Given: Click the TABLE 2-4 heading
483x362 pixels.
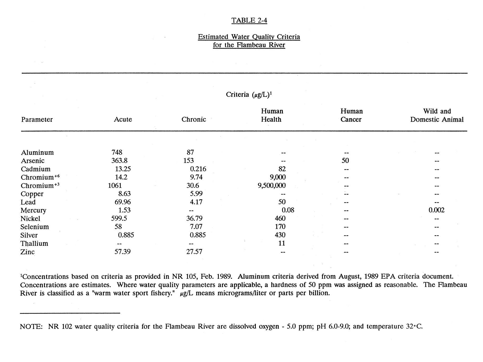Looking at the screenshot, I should tap(249, 20).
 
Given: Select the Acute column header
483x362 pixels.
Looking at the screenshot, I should tap(123, 119).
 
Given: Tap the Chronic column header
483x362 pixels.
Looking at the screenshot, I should tap(194, 119).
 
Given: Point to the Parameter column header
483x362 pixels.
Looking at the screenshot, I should tap(37, 119).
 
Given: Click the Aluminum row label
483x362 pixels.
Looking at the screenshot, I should tap(37, 152).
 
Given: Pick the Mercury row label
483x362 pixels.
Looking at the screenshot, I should tap(33, 210).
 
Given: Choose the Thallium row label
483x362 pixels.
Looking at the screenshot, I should tap(34, 243).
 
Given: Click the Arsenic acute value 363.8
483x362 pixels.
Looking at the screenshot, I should tap(119, 161).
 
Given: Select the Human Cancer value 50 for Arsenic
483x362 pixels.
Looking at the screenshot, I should tap(345, 161).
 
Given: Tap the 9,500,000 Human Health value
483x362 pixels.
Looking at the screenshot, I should tap(272, 185).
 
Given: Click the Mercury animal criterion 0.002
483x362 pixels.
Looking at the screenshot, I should tap(436, 210).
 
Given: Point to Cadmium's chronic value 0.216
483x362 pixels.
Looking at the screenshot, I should tap(198, 169).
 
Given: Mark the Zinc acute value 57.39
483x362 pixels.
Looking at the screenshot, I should tap(123, 252).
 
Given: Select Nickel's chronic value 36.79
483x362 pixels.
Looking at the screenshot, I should tap(194, 219).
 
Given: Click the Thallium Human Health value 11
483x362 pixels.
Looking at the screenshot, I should tap(282, 243).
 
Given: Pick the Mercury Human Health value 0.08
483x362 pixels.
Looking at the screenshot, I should tap(288, 210).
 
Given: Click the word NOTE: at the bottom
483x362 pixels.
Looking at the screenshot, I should tap(31, 327).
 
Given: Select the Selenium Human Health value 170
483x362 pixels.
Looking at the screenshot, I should tap(280, 227).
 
